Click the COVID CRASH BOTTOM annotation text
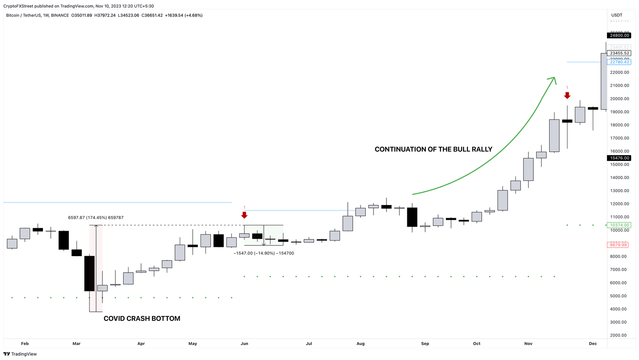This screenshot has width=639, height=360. click(142, 318)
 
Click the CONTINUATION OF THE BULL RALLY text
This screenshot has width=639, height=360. click(433, 149)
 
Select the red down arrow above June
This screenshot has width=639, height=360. click(244, 215)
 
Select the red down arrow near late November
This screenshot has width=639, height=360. click(567, 95)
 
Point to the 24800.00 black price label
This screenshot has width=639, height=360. click(619, 36)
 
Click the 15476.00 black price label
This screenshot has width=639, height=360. click(619, 158)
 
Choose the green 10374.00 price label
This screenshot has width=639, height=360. click(619, 225)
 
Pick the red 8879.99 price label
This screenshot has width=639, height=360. click(618, 245)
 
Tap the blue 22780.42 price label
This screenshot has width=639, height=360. click(619, 62)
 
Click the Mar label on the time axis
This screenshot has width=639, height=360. click(77, 344)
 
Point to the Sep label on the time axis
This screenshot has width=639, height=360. click(425, 344)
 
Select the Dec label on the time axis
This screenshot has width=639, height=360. click(593, 344)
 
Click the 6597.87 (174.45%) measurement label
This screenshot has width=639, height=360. click(96, 217)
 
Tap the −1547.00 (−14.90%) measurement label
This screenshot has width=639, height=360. click(264, 253)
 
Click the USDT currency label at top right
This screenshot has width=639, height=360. click(617, 15)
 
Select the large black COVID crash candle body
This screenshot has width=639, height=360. click(89, 273)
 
